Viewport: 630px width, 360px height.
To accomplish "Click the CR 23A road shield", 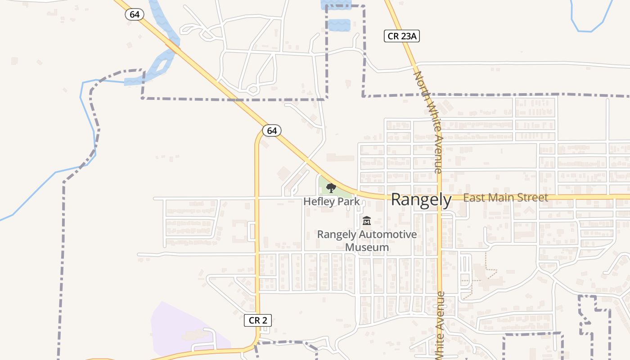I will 401,36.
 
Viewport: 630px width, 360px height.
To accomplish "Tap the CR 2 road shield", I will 258,320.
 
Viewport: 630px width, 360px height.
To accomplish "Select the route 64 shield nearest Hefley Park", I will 271,130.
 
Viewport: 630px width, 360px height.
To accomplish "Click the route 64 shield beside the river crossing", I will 134,14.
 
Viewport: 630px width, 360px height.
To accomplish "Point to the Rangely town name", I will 421,199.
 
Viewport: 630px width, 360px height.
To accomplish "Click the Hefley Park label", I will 332,201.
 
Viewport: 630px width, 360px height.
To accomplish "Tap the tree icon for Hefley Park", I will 331,188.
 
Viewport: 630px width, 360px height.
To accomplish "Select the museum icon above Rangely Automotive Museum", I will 367,221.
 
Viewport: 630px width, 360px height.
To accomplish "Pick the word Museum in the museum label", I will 367,247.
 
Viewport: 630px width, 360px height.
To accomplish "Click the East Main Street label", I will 505,198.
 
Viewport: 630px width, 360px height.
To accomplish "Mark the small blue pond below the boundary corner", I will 339,25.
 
